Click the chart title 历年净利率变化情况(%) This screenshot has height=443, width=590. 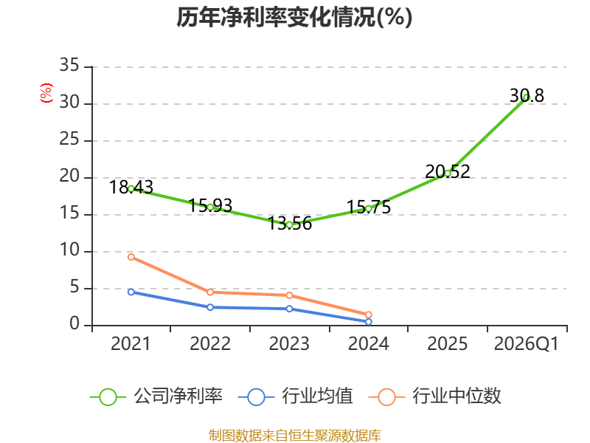tap(294, 17)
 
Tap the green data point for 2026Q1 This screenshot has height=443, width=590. tap(527, 97)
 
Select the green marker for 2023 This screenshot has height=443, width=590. tap(289, 225)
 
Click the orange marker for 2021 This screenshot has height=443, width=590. tap(131, 257)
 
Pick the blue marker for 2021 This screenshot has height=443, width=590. tap(131, 292)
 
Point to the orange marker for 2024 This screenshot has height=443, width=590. tap(368, 315)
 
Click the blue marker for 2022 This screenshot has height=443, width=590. tap(210, 307)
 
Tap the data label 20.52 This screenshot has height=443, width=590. tap(448, 172)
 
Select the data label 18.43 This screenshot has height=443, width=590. tap(131, 188)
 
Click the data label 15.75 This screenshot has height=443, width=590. tap(368, 207)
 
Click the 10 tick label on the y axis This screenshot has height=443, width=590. tap(69, 250)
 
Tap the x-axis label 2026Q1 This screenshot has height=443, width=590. tap(527, 344)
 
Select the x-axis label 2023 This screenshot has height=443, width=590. tap(289, 344)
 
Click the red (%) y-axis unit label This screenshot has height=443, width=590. tap(46, 93)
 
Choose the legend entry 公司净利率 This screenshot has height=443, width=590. tap(156, 396)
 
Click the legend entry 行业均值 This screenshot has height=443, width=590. tap(296, 396)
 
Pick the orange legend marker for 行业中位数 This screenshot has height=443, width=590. tap(386, 397)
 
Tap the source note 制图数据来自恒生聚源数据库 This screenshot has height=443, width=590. tap(294, 436)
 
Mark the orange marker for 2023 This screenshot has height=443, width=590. tap(289, 295)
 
